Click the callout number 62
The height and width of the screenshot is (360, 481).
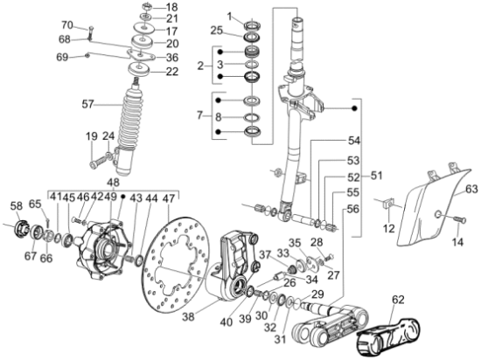(x=398, y=299)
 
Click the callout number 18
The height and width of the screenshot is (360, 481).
(x=171, y=7)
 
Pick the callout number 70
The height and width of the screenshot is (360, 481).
(x=91, y=24)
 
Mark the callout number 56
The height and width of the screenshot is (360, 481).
(x=353, y=208)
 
